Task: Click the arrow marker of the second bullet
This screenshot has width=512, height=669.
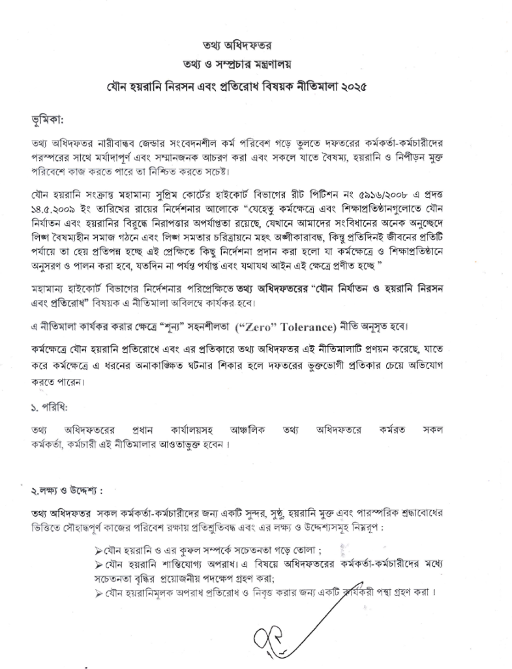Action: tap(99, 563)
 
